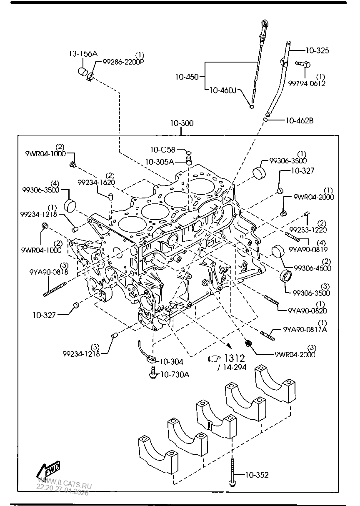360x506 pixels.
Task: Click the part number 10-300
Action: (x=181, y=124)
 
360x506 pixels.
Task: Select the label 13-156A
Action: (x=83, y=53)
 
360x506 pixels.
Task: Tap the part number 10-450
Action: (x=187, y=77)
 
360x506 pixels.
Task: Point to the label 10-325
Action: (x=317, y=50)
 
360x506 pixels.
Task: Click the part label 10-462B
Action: (x=299, y=120)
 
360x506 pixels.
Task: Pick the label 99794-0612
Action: (x=307, y=83)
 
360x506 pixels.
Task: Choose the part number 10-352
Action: (x=257, y=475)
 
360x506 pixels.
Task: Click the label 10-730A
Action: (x=175, y=374)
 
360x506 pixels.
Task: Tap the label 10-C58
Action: (x=163, y=149)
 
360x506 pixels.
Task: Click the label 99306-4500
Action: (x=312, y=268)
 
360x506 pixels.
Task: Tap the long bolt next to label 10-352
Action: (x=231, y=471)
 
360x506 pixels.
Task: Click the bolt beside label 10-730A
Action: (x=153, y=372)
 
